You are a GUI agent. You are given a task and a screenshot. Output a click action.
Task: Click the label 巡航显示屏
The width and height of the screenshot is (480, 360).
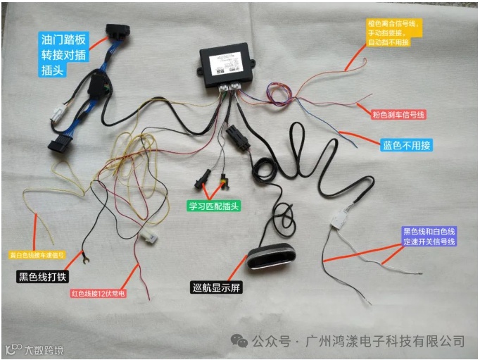pos(217,287)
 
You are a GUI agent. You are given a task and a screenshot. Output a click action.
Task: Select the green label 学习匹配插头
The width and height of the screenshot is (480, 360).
pos(214,206)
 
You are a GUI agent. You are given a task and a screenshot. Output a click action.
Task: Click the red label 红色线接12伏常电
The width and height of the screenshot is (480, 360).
pos(98,293)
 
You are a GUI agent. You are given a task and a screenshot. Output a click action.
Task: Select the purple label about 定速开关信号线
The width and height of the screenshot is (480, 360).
pos(429,236)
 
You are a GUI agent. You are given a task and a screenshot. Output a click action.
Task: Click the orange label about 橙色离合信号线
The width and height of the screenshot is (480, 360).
pos(394,32)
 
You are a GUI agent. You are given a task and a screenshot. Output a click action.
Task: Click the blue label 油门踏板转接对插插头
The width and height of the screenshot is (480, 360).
pos(63,53)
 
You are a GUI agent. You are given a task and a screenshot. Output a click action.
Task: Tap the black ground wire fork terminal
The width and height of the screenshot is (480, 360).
pos(85,261)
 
